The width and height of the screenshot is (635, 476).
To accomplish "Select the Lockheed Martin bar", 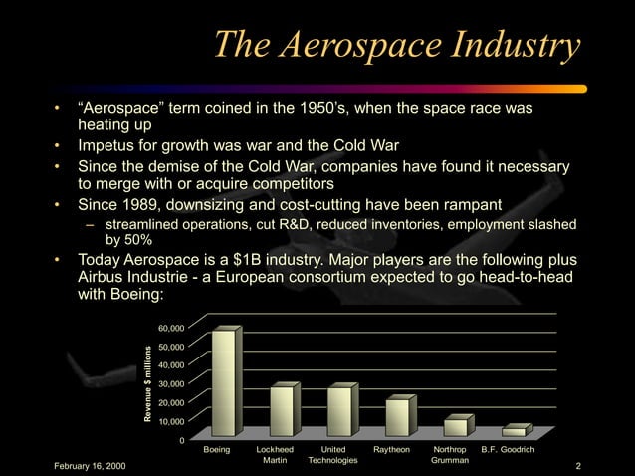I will pyautogui.click(x=283, y=410).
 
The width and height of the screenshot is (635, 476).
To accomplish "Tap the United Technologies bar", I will pyautogui.click(x=339, y=410).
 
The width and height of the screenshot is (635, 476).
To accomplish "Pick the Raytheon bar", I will pyautogui.click(x=397, y=416).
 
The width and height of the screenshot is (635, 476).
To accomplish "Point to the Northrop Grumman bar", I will pyautogui.click(x=455, y=427).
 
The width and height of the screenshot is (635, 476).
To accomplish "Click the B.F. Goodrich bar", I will pyautogui.click(x=514, y=431).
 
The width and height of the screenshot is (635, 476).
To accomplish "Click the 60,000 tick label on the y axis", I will pyautogui.click(x=170, y=327).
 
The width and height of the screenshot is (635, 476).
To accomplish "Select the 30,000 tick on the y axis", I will pyautogui.click(x=170, y=383).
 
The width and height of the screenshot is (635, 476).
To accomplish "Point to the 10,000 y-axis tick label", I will pyautogui.click(x=170, y=421).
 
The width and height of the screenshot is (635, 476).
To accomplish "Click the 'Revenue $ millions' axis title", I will pyautogui.click(x=146, y=383).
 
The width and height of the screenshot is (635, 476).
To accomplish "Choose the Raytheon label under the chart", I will pyautogui.click(x=392, y=451).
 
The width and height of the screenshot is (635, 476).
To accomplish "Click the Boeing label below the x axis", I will pyautogui.click(x=216, y=451).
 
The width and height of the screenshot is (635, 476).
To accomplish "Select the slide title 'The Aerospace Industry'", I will pyautogui.click(x=397, y=45).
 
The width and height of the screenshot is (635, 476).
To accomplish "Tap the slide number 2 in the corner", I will pyautogui.click(x=577, y=466).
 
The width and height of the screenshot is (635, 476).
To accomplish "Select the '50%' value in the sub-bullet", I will pyautogui.click(x=135, y=239).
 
